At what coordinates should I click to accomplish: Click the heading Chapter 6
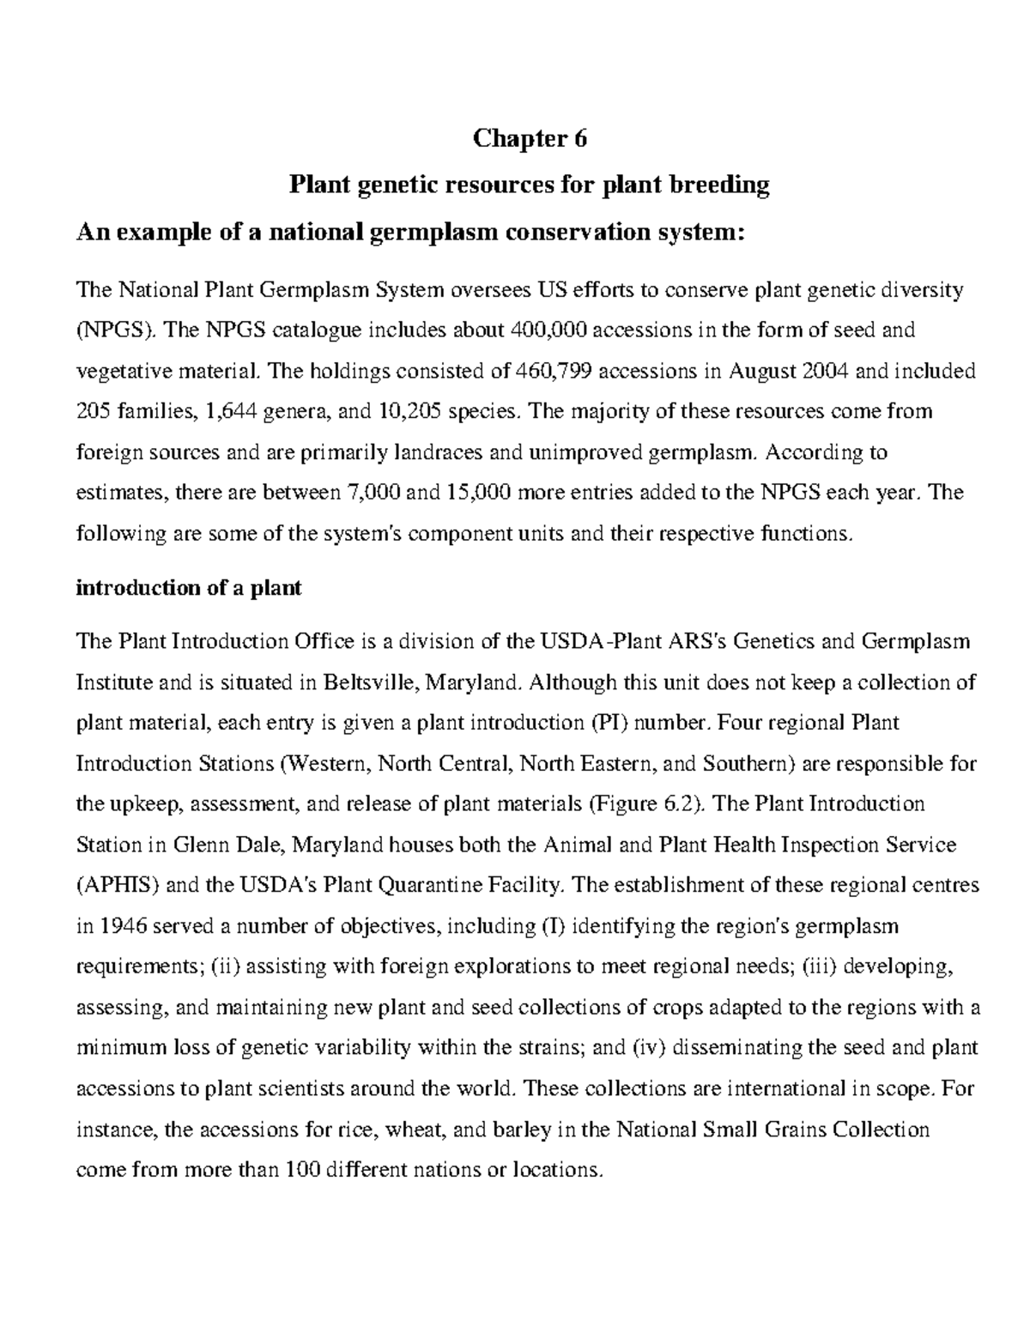click(x=530, y=138)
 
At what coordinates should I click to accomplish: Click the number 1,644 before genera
click(x=238, y=411)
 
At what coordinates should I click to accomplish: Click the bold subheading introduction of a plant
click(x=189, y=589)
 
